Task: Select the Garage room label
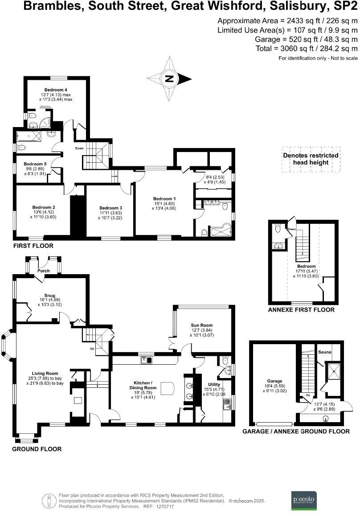click(x=274, y=381)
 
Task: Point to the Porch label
click(x=44, y=271)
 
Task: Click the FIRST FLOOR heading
click(x=33, y=246)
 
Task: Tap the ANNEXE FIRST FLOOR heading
click(x=301, y=309)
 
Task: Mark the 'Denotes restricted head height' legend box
click(x=311, y=159)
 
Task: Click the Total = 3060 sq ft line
click(x=307, y=49)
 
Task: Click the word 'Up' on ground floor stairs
click(x=92, y=348)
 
